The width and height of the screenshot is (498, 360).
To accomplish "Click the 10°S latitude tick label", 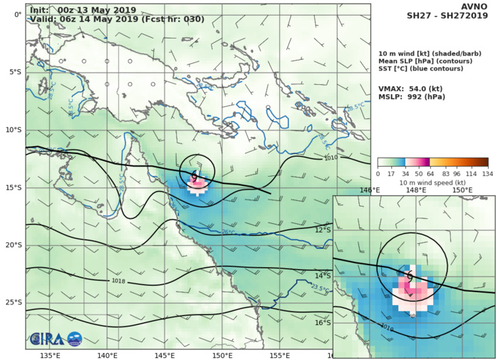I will (x=13, y=130).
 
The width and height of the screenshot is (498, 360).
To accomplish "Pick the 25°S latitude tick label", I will (x=13, y=302).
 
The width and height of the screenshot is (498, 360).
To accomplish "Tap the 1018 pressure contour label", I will (x=120, y=281).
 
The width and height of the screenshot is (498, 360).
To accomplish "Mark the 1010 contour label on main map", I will (x=329, y=158).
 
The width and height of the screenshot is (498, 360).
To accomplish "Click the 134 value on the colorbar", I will (x=487, y=173).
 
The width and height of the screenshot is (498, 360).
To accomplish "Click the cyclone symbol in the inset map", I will (x=410, y=276).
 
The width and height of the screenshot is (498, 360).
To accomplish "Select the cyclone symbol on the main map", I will (x=194, y=175).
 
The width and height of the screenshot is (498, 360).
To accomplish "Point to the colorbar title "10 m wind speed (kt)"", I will (x=432, y=182).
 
